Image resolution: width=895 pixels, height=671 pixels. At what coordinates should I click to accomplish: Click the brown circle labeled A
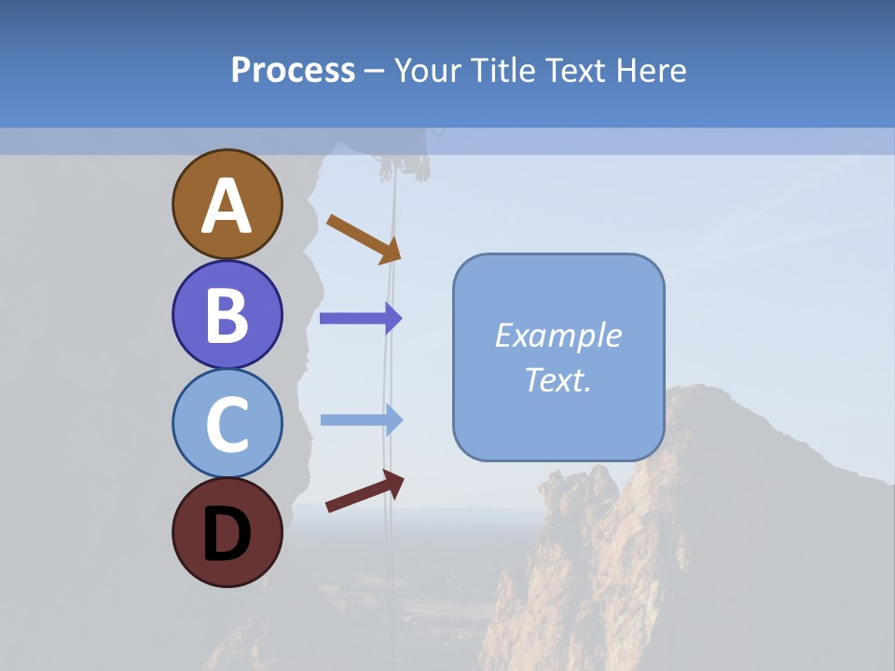point(227,204)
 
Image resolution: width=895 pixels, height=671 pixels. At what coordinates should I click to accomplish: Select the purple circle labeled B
point(227,314)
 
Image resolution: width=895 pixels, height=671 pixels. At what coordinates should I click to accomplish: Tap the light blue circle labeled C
point(227,423)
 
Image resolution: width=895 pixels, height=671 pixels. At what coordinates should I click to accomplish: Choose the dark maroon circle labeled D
point(227,532)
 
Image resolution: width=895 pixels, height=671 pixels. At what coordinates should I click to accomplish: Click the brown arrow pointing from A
point(364,238)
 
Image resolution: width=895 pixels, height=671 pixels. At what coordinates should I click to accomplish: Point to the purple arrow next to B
point(360,319)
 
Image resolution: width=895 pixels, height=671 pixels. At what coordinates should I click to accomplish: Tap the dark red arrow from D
point(365,491)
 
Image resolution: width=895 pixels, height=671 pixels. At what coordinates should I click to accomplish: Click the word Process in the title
point(293,70)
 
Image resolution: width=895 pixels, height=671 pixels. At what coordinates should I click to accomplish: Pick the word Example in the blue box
point(558,335)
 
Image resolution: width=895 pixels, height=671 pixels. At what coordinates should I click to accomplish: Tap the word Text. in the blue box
point(558,379)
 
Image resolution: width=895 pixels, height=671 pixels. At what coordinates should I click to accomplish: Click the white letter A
point(227,206)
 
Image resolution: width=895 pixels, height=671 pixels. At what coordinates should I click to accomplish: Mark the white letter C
point(227,425)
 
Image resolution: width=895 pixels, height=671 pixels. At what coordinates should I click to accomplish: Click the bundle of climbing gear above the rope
point(404,167)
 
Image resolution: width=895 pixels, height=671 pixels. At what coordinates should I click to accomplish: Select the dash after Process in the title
point(375,71)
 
